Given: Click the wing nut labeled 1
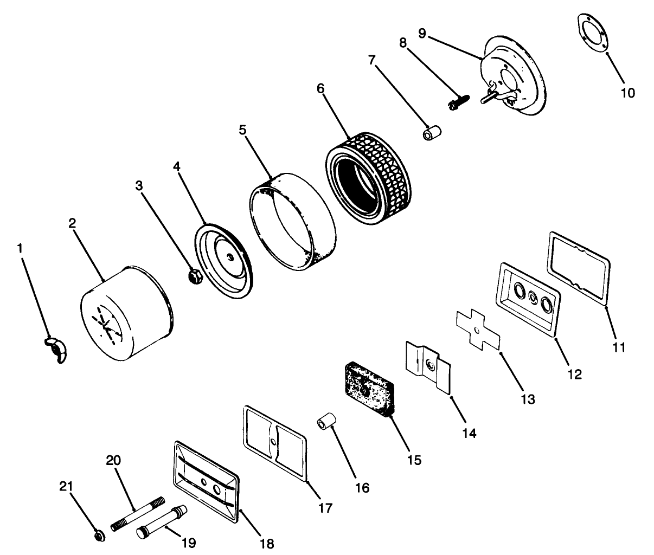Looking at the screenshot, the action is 56,350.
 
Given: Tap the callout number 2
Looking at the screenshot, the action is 73,224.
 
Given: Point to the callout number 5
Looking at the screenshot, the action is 242,130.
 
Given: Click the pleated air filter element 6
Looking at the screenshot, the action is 369,178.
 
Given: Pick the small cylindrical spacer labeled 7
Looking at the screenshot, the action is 432,133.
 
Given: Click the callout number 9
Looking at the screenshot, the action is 422,33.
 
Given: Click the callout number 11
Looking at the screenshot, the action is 619,348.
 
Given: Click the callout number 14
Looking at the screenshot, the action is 469,433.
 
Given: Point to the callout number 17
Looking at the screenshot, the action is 325,508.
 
